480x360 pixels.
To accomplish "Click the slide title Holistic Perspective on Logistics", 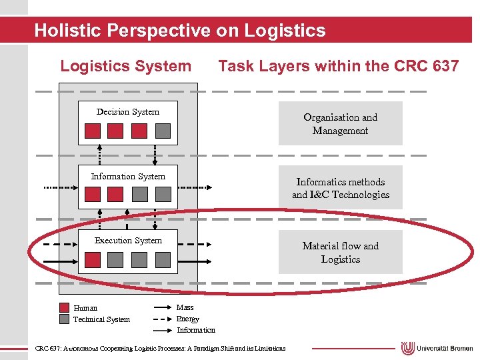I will (180, 31).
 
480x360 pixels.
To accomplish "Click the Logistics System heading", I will (125, 66).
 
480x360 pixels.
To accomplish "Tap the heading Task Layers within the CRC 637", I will (339, 66).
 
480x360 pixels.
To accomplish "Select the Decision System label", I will (128, 112).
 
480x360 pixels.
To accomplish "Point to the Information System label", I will (128, 177).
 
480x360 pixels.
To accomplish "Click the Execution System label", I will (128, 241).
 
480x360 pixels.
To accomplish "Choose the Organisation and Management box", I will (340, 123).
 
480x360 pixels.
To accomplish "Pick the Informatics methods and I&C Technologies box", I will (340, 188).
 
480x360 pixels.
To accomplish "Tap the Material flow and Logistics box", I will (340, 252).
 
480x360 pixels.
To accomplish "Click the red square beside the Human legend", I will (64, 308).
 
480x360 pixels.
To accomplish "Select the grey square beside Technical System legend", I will (64, 319).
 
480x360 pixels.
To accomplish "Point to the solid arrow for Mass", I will (163, 308).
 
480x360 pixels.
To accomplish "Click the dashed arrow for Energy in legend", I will (163, 319).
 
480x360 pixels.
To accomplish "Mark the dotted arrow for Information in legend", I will (163, 330).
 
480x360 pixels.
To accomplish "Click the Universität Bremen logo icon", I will (407, 349).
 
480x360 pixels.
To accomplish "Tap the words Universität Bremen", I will (445, 349).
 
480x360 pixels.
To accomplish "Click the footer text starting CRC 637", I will (160, 348).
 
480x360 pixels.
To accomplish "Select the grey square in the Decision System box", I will (162, 131).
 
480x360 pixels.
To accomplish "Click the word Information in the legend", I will (196, 330).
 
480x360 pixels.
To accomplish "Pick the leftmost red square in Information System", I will (93, 194).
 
